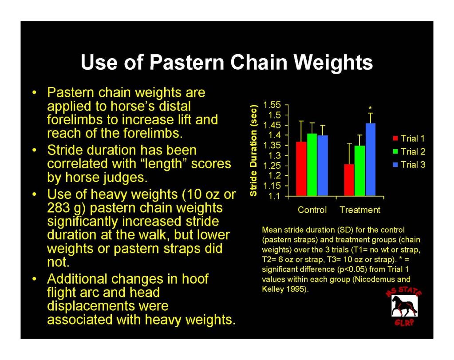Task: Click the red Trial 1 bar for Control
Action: (x=301, y=169)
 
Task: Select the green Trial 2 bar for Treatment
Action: (x=359, y=170)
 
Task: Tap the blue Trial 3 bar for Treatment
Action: (x=370, y=160)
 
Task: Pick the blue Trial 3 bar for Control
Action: (x=323, y=166)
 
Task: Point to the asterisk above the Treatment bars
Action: (x=370, y=108)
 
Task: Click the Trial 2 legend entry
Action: (x=409, y=151)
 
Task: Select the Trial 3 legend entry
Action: (x=409, y=165)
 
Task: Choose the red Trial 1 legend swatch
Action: (x=395, y=138)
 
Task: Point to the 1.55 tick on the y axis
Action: (x=272, y=105)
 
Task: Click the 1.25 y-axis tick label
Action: (x=272, y=166)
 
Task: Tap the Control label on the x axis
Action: (x=312, y=210)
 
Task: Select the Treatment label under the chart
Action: (x=360, y=210)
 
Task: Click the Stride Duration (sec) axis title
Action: (x=253, y=150)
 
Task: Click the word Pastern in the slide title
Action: (x=187, y=62)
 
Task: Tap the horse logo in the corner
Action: (x=404, y=306)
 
